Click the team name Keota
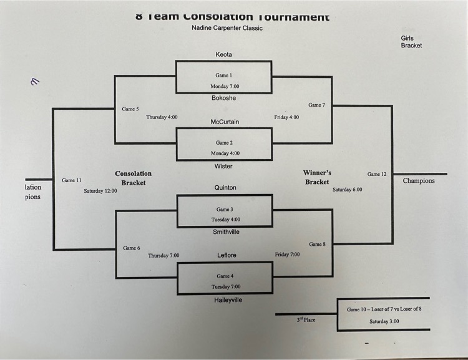click(x=223, y=55)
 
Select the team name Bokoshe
click(x=223, y=98)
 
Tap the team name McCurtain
click(x=223, y=122)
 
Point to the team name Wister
click(x=223, y=165)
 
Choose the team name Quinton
click(x=225, y=188)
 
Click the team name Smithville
click(x=226, y=232)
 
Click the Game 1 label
click(x=224, y=75)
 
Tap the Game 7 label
click(x=316, y=105)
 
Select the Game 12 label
click(x=378, y=174)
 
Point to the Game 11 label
click(x=72, y=180)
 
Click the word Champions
click(x=419, y=181)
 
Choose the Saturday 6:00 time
click(x=347, y=189)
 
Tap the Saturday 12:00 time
click(x=100, y=191)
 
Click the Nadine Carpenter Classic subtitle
click(x=227, y=28)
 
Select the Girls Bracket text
click(x=411, y=42)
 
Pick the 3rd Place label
click(x=306, y=320)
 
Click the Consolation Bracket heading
click(x=133, y=178)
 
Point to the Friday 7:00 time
click(x=287, y=255)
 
